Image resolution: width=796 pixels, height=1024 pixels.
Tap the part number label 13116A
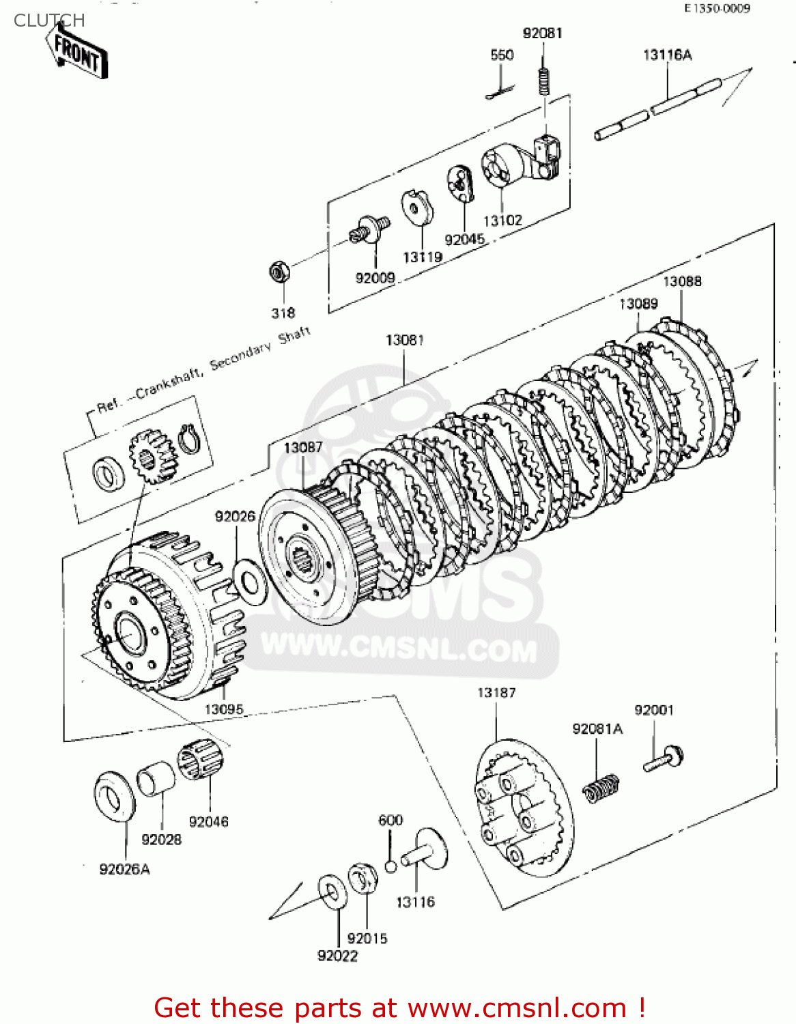(667, 55)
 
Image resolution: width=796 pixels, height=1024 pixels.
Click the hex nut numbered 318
(279, 272)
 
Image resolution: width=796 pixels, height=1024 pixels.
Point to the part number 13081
(405, 339)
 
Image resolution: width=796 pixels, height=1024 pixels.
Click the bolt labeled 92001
(663, 759)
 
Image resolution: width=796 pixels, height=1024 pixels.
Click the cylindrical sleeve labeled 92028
(156, 779)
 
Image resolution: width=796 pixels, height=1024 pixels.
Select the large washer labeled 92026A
(115, 796)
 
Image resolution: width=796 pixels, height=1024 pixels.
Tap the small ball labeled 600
(390, 866)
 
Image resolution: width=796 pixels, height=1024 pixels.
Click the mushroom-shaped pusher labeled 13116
(426, 850)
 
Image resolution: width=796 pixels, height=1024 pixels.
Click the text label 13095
(224, 709)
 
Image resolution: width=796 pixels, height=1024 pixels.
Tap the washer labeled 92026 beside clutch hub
(249, 583)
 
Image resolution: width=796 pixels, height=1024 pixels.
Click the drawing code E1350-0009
(717, 8)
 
